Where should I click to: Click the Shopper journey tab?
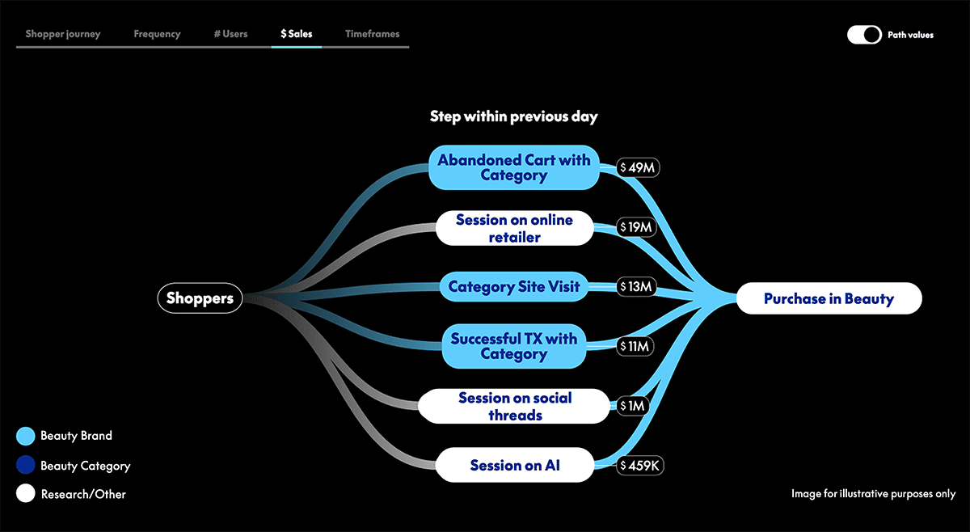point(62,34)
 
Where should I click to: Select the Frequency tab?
point(157,34)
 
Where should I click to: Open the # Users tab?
point(230,34)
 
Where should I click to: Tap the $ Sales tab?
point(296,34)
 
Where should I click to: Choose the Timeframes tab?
point(372,34)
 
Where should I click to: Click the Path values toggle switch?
point(864,35)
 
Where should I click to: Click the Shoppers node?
point(200,298)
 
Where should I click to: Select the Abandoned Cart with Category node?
point(513,167)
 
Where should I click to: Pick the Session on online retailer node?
point(513,228)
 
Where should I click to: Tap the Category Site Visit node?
point(513,286)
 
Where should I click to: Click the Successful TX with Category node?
point(513,346)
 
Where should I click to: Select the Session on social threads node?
point(513,406)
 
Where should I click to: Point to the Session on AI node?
point(515,465)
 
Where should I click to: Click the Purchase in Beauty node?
point(829,298)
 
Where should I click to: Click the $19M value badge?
point(635,228)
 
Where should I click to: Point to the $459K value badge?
point(639,466)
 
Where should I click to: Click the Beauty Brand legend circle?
point(26,436)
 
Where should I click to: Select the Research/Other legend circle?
point(26,493)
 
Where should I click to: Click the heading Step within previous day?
point(513,116)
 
